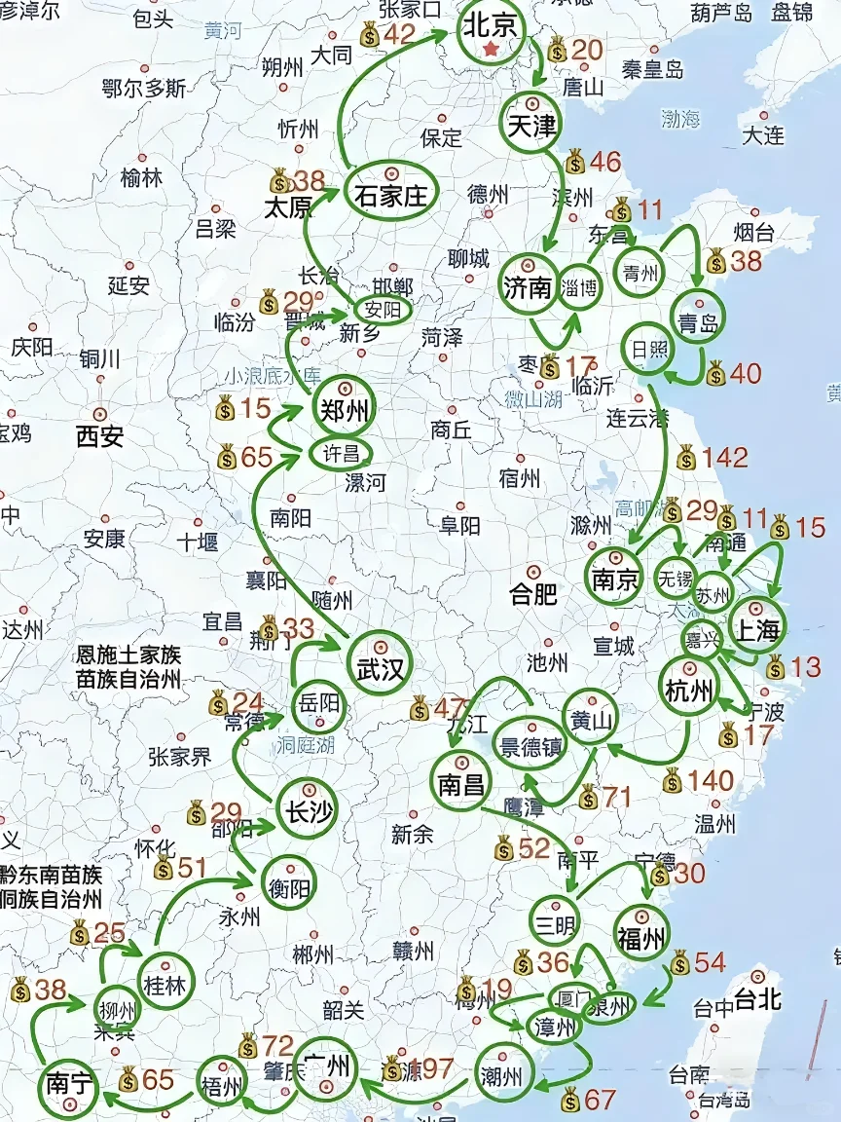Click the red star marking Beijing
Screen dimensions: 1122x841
tap(491, 49)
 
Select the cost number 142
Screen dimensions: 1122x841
tap(725, 457)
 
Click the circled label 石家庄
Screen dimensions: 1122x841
tap(390, 194)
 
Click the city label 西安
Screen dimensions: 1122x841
tap(99, 436)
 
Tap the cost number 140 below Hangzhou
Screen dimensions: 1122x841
tap(711, 780)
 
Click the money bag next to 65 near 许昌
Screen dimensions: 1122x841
tap(228, 457)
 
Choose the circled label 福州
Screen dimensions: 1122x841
tap(641, 937)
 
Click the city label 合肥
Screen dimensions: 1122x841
tap(533, 593)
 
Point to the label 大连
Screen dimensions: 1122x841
tap(762, 135)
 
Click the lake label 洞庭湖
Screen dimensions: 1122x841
tap(305, 746)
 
